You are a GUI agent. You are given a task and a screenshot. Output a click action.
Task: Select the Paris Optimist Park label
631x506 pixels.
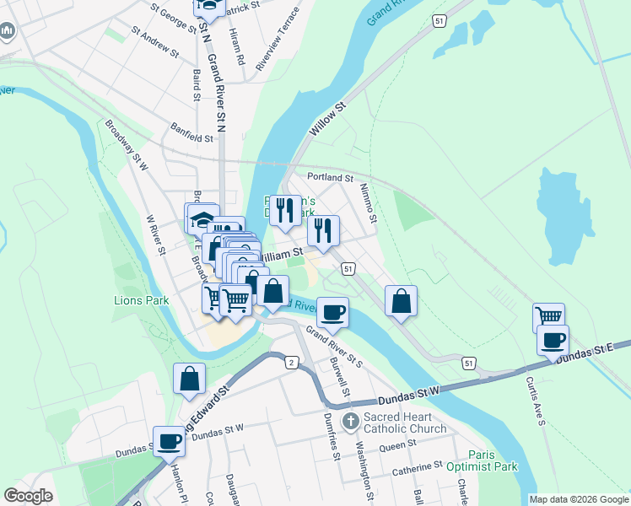tap(482, 460)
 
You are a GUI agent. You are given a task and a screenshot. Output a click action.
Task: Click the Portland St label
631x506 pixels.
tap(330, 178)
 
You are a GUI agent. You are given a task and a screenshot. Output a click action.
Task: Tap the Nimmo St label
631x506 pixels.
tap(368, 203)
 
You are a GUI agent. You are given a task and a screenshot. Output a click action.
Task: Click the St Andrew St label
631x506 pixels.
tap(155, 41)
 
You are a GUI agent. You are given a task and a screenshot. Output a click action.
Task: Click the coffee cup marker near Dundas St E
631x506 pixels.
tap(553, 340)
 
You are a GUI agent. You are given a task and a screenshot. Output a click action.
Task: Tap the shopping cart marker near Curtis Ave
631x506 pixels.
tap(548, 317)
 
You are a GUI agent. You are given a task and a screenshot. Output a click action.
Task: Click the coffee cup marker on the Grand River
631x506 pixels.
tap(332, 312)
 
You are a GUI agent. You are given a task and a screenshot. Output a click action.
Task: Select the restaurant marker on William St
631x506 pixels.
tap(323, 230)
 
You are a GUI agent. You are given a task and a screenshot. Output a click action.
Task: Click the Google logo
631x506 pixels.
tap(28, 496)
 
